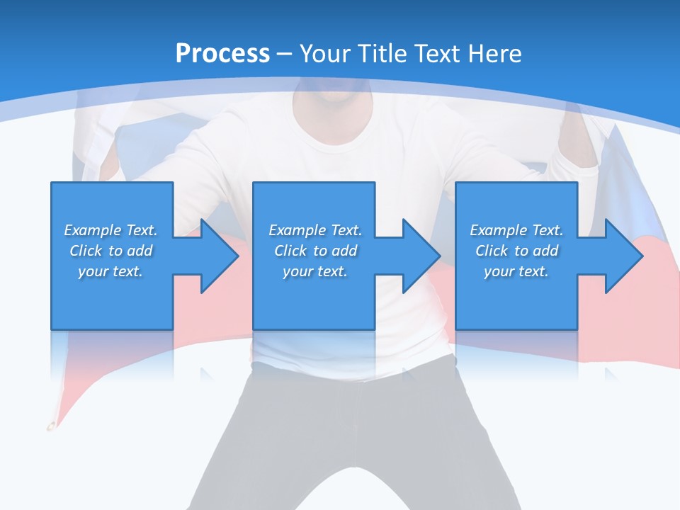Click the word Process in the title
[x=222, y=54]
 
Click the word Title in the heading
[x=382, y=54]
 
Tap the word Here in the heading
[x=494, y=54]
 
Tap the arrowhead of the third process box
[x=623, y=256]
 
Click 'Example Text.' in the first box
[x=110, y=230]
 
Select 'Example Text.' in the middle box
[x=315, y=230]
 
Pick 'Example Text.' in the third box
[x=516, y=230]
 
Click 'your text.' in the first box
[x=110, y=271]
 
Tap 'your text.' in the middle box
[x=315, y=271]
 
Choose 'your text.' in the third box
[x=516, y=271]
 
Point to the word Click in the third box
[x=492, y=251]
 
